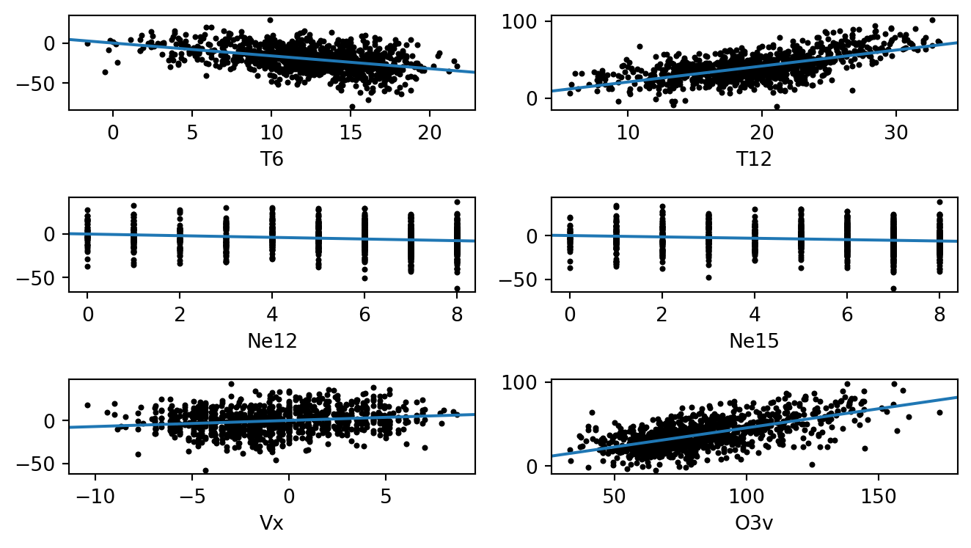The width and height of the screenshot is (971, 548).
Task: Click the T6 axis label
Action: pyautogui.click(x=271, y=158)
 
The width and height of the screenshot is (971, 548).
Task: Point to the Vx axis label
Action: pyautogui.click(x=271, y=523)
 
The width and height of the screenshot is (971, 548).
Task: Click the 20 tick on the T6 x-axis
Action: pyautogui.click(x=430, y=134)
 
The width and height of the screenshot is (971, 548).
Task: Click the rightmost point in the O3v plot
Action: pyautogui.click(x=939, y=412)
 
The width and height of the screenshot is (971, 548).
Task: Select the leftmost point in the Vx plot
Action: pyautogui.click(x=87, y=405)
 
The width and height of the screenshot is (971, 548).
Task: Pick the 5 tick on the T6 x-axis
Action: pyautogui.click(x=192, y=134)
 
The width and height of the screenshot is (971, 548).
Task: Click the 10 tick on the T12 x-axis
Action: pyautogui.click(x=628, y=134)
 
